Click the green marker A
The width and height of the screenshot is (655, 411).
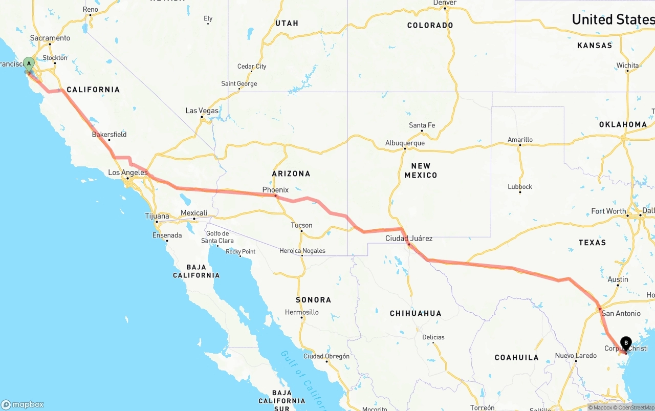[29, 65]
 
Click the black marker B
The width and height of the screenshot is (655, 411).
[626, 343]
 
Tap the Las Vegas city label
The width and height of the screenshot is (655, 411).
[202, 111]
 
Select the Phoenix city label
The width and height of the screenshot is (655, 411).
[275, 190]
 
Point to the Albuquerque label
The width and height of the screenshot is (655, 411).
[405, 143]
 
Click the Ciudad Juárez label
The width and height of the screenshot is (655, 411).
[409, 238]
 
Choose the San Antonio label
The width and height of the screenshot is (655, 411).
[621, 313]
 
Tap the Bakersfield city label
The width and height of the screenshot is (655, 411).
[109, 135]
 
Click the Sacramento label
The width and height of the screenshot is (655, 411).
[50, 38]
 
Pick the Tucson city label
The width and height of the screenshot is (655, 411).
[301, 225]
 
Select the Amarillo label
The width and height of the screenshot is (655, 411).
[520, 140]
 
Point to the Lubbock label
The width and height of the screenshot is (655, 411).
[520, 187]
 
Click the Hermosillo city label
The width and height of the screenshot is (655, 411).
[301, 312]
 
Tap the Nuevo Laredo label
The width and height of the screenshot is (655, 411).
[576, 356]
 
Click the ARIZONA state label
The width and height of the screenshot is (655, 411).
[291, 174]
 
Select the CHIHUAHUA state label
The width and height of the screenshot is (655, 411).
[416, 313]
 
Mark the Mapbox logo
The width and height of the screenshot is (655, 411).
[23, 404]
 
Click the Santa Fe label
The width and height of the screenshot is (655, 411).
[422, 125]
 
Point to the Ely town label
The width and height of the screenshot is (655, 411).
[208, 19]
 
